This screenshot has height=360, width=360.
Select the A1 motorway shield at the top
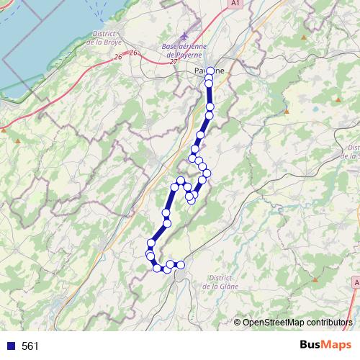pos(235,4)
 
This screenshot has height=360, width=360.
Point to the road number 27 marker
pos(173,62)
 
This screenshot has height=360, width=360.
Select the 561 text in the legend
pos(30,346)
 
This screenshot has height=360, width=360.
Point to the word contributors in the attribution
pos(328,322)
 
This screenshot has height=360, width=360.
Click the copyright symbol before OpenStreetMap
pos(237,322)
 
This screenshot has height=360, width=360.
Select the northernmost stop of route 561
pos(210,71)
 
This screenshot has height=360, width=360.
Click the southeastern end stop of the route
pos(181,265)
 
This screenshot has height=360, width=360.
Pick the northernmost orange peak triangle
pos(305,36)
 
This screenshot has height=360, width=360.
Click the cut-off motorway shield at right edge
pos(356,283)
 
